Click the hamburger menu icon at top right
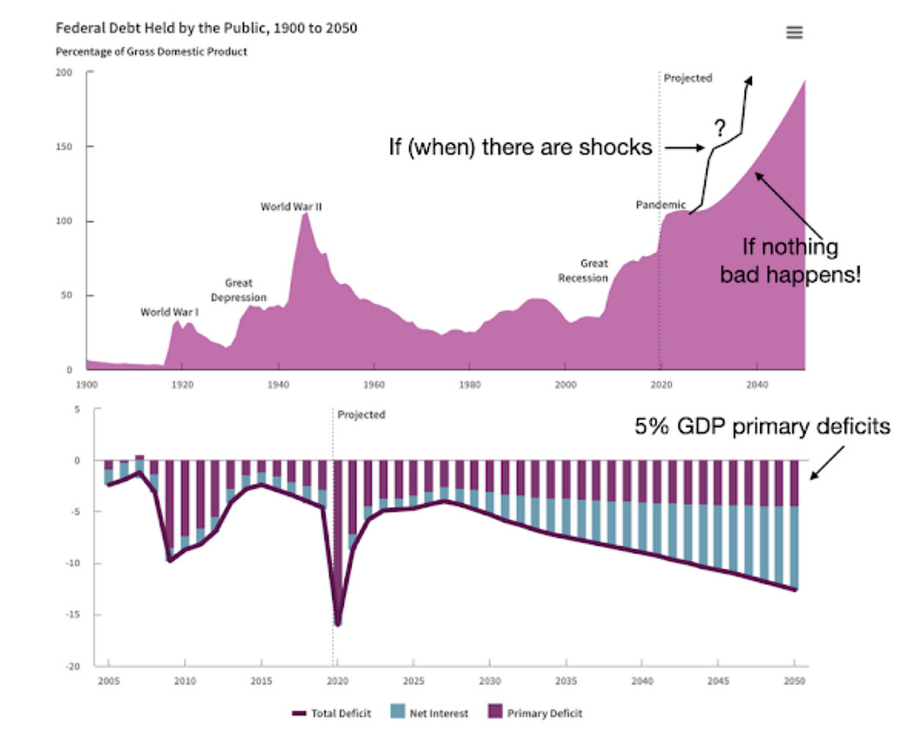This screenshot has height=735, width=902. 794,32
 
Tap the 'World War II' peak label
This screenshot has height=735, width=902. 291,207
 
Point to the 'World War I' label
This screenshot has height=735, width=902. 169,312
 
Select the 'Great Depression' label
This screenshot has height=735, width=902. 238,290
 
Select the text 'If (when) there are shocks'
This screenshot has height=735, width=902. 520,147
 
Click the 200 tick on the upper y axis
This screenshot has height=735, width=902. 64,72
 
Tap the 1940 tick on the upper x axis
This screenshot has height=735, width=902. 278,384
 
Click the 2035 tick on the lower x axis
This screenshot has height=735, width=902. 566,681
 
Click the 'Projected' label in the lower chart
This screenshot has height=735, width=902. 361,415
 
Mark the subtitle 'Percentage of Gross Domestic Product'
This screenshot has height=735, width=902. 151,51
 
